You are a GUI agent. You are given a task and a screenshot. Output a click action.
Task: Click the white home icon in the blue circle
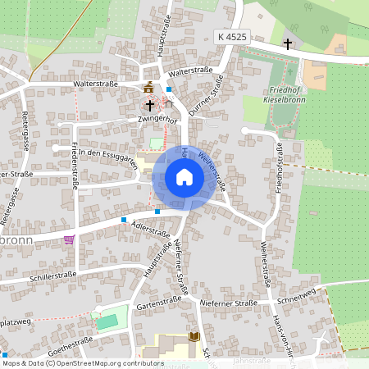pyautogui.click(x=184, y=176)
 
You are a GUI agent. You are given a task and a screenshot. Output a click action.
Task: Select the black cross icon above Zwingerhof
pyautogui.click(x=149, y=105)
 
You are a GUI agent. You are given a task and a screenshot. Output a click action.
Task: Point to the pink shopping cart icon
pyautogui.click(x=69, y=239)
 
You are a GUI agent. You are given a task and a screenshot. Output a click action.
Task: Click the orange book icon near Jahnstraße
pyautogui.click(x=194, y=337)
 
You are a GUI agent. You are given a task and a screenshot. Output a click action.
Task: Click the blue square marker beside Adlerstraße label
pyautogui.click(x=124, y=220)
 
